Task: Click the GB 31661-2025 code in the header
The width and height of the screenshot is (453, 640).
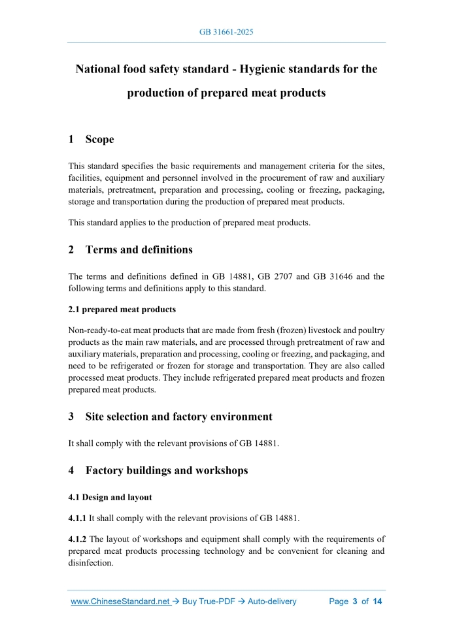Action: point(226,32)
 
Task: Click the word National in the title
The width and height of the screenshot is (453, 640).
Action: point(101,69)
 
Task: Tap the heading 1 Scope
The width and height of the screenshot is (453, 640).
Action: point(91,139)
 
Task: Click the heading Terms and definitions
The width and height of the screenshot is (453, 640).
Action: point(139,249)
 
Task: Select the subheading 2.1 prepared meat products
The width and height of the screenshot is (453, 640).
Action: point(122,309)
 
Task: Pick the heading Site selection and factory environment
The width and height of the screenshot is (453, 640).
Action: point(178,416)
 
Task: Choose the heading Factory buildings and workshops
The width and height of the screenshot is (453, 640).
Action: point(166,470)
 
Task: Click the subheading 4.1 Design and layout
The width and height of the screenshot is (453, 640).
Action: point(110,497)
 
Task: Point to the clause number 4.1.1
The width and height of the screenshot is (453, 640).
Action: point(77,519)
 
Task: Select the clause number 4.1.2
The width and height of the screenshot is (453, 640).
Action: point(77,539)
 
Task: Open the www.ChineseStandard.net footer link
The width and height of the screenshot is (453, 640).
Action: point(120,601)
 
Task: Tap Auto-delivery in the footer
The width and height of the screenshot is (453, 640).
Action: point(272,601)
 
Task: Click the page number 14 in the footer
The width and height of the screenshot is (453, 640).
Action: point(377,601)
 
